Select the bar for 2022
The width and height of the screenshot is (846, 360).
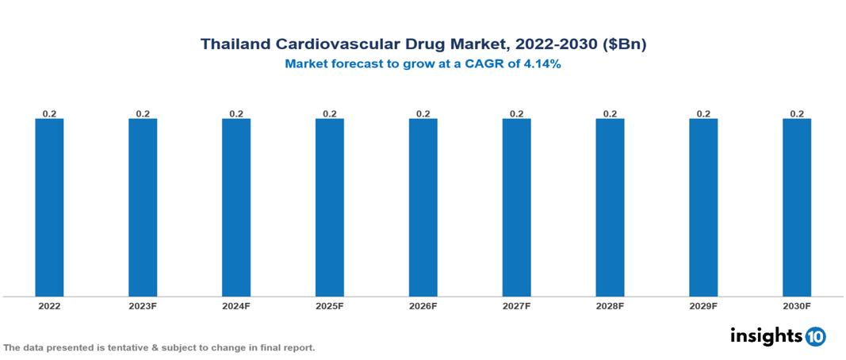click(49, 208)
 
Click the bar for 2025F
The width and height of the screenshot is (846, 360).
click(329, 208)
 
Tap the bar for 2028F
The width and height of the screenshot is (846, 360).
click(610, 208)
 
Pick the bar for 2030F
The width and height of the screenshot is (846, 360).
click(797, 208)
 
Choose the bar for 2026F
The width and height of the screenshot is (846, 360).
click(423, 208)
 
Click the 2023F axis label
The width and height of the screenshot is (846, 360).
click(143, 306)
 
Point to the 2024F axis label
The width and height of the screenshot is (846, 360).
click(236, 306)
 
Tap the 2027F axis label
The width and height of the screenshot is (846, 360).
click(516, 306)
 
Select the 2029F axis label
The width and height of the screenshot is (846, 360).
click(703, 306)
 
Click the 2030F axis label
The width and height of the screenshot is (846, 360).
click(797, 306)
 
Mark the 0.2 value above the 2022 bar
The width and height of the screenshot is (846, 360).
click(49, 113)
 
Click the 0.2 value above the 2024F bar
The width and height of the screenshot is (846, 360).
click(236, 113)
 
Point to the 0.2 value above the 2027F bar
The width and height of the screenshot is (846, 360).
click(516, 113)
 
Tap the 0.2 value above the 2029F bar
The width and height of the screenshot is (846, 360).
click(703, 113)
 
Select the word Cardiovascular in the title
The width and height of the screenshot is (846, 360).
click(336, 45)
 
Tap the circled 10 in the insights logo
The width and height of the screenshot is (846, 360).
click(815, 336)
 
